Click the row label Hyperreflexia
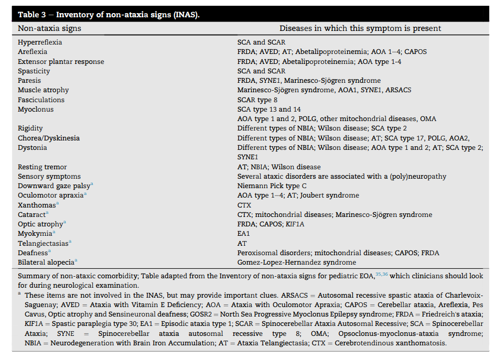[x=40, y=42]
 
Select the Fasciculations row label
[x=41, y=100]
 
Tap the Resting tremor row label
[x=42, y=167]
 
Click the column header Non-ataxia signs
[x=50, y=28]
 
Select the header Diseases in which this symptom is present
[x=360, y=28]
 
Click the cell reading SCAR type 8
[x=257, y=100]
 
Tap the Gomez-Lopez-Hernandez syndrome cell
[x=297, y=262]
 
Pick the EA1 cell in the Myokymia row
[x=244, y=233]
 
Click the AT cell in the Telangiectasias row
[x=242, y=243]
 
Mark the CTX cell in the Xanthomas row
[x=244, y=205]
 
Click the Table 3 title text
[x=109, y=14]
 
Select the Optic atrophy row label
[x=41, y=224]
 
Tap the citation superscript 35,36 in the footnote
[x=381, y=274]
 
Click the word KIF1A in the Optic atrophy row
[x=295, y=224]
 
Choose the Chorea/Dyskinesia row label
[x=49, y=138]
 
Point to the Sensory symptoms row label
[x=49, y=176]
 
